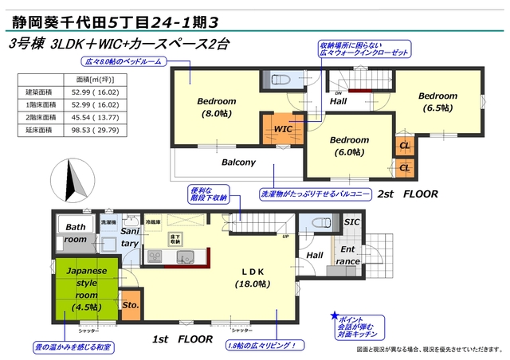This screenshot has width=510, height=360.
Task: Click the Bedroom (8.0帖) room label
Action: point(217,107)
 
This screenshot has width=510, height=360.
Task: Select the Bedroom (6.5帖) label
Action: point(438,101)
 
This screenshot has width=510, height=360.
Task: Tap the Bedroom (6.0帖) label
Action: point(349,146)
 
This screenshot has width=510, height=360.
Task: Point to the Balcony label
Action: point(238,162)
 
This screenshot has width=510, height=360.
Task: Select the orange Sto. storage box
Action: point(131,304)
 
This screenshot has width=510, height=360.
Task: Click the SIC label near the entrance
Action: point(351,222)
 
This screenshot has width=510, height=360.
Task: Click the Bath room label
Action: point(75,233)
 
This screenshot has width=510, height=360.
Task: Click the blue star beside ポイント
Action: point(335,315)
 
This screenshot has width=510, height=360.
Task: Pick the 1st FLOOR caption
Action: point(182,338)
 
